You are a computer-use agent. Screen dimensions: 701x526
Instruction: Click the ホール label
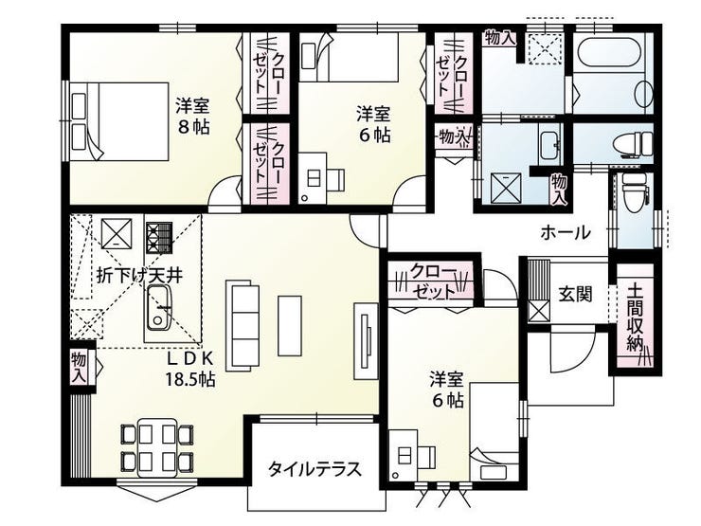pyautogui.click(x=566, y=232)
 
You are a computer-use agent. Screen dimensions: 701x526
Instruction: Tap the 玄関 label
pyautogui.click(x=575, y=295)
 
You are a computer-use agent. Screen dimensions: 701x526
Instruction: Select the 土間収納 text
pyautogui.click(x=635, y=317)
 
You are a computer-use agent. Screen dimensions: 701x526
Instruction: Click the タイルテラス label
pyautogui.click(x=315, y=469)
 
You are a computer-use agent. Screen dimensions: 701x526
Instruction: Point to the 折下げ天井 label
pyautogui.click(x=140, y=276)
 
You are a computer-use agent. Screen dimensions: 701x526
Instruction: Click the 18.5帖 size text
pyautogui.click(x=190, y=379)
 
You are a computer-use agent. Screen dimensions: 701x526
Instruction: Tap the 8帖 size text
pyautogui.click(x=193, y=128)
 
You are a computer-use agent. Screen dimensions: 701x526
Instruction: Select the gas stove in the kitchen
pyautogui.click(x=159, y=237)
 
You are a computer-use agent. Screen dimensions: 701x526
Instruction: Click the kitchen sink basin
pyautogui.click(x=158, y=307)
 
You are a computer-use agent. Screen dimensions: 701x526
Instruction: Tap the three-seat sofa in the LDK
pyautogui.click(x=243, y=326)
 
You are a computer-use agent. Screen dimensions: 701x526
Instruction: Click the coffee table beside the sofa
pyautogui.click(x=290, y=325)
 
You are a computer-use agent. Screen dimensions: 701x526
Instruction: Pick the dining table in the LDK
pyautogui.click(x=157, y=447)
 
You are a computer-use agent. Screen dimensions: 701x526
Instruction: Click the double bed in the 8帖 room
pyautogui.click(x=118, y=121)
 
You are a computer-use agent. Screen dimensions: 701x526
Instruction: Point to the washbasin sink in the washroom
pyautogui.click(x=549, y=145)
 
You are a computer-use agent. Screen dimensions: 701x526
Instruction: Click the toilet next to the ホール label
pyautogui.click(x=634, y=193)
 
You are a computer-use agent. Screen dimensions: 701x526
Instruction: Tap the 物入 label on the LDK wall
pyautogui.click(x=80, y=367)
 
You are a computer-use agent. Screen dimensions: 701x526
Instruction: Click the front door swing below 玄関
pyautogui.click(x=572, y=347)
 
